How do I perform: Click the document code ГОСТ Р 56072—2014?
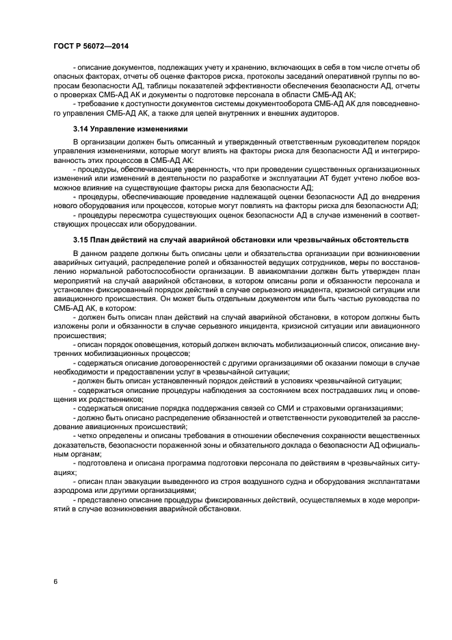90,45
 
